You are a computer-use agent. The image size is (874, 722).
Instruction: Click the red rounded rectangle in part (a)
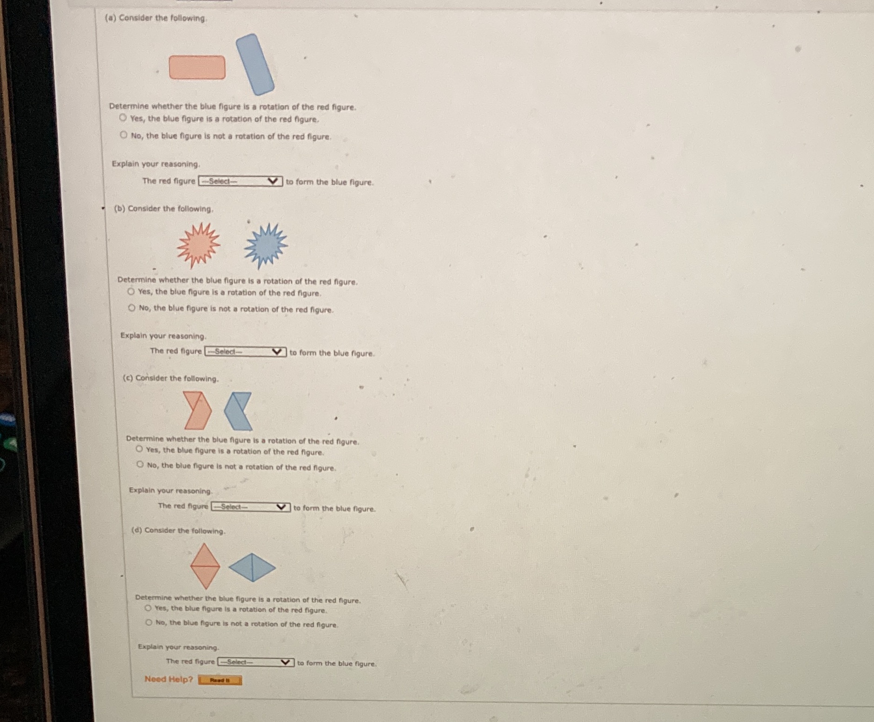(197, 67)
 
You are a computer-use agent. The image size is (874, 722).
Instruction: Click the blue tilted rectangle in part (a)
(255, 64)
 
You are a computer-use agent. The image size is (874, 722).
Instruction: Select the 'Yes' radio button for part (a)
(123, 118)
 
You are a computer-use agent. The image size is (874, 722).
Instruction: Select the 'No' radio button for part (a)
(123, 135)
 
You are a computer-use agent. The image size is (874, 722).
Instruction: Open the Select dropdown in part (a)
(240, 181)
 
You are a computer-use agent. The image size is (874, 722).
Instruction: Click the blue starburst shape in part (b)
(266, 246)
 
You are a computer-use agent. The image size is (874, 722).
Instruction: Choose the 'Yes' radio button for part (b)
(131, 291)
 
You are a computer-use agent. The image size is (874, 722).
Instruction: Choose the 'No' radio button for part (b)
(132, 308)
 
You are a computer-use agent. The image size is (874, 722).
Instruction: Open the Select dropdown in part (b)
(245, 352)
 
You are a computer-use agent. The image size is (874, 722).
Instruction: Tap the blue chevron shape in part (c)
(238, 411)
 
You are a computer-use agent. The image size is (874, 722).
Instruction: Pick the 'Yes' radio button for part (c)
(139, 449)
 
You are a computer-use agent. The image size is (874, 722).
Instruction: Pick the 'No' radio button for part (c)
(140, 465)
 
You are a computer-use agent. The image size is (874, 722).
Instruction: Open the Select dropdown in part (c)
(251, 507)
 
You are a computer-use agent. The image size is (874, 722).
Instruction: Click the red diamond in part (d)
(205, 566)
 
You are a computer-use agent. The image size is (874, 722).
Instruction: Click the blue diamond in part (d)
(252, 567)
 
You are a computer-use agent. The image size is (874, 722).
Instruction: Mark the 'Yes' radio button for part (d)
(148, 608)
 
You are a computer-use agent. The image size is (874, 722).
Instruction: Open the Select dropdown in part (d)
(256, 662)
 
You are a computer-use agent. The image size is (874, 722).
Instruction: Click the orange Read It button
(220, 680)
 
